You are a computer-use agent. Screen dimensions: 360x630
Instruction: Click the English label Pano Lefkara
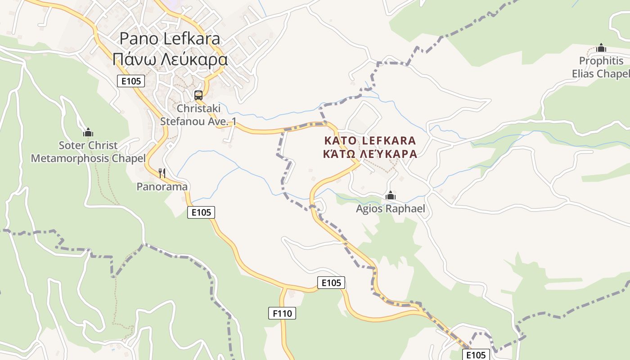coord(170,39)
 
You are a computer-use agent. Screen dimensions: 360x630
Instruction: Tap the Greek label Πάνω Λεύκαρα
coord(170,58)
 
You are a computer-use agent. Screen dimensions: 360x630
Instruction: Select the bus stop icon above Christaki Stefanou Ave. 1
coord(198,95)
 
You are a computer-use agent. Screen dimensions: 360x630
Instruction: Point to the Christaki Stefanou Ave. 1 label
coord(198,115)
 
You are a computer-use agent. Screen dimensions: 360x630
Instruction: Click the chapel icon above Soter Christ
coord(88,132)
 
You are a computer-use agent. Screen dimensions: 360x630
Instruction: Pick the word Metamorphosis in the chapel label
coord(70,158)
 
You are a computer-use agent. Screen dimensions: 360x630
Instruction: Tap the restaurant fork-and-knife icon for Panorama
coord(162,173)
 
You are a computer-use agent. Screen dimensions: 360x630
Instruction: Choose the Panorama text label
coord(162,186)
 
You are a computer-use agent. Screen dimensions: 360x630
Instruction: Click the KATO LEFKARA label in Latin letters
coord(370,140)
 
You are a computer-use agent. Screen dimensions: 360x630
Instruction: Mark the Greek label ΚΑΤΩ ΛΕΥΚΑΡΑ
coord(370,154)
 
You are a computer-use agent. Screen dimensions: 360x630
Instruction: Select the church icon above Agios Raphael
coord(391,195)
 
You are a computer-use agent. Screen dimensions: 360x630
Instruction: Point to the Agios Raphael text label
coord(391,208)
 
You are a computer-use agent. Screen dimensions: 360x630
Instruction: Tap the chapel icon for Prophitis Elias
coord(601,48)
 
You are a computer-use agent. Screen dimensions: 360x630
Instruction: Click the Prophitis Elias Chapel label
coord(601,67)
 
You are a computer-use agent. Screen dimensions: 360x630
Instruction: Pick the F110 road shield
coord(282,313)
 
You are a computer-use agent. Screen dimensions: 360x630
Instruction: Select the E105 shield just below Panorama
coord(201,212)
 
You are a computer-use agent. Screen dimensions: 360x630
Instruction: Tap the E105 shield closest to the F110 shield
coord(331,283)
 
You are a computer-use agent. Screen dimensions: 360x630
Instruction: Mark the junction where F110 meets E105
coord(284,287)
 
